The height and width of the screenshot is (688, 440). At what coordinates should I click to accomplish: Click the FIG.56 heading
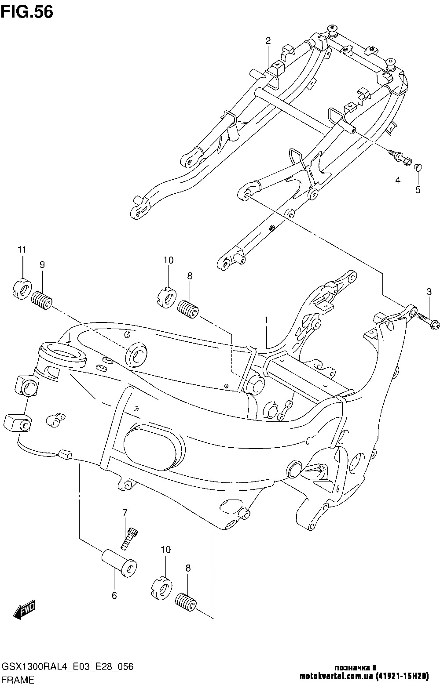click(x=27, y=12)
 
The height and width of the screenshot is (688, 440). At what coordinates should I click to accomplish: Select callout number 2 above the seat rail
click(x=268, y=41)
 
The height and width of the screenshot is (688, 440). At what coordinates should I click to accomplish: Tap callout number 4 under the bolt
click(x=397, y=180)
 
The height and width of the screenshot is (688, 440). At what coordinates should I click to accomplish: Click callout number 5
click(x=418, y=190)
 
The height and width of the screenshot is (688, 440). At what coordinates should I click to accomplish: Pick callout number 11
click(x=22, y=250)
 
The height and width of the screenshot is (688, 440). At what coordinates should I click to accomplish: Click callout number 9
click(x=42, y=264)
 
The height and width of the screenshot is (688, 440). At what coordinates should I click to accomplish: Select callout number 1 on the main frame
click(x=266, y=321)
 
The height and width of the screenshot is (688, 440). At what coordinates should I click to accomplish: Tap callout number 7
click(x=125, y=512)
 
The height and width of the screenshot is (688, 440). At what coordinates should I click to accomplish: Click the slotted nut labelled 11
click(x=21, y=289)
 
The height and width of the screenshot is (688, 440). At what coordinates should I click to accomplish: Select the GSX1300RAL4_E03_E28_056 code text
click(x=67, y=667)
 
